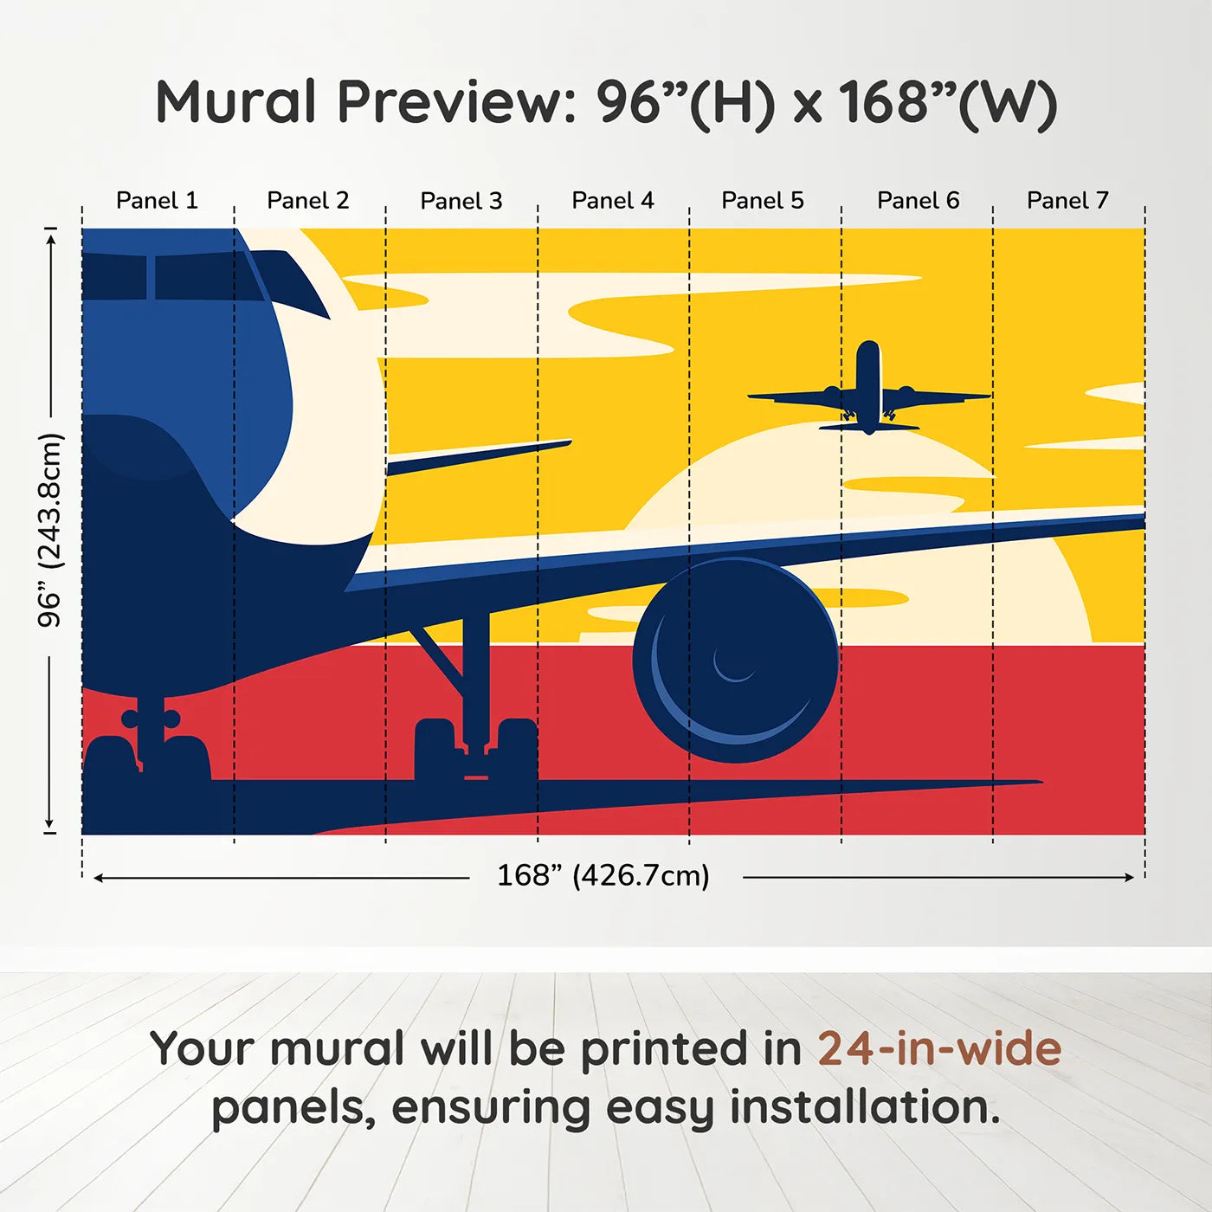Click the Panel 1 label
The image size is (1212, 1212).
(157, 201)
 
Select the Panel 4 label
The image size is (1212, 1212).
(612, 201)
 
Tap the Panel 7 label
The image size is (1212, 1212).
(1067, 201)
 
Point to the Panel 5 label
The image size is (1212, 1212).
(762, 201)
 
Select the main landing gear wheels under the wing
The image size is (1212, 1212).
(475, 749)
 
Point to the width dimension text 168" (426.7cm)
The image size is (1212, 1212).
(603, 875)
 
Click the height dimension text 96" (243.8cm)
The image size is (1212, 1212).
(50, 530)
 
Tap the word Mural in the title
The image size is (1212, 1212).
(235, 102)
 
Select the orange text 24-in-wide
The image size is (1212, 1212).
(938, 1048)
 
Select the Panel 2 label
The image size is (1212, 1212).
(307, 201)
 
